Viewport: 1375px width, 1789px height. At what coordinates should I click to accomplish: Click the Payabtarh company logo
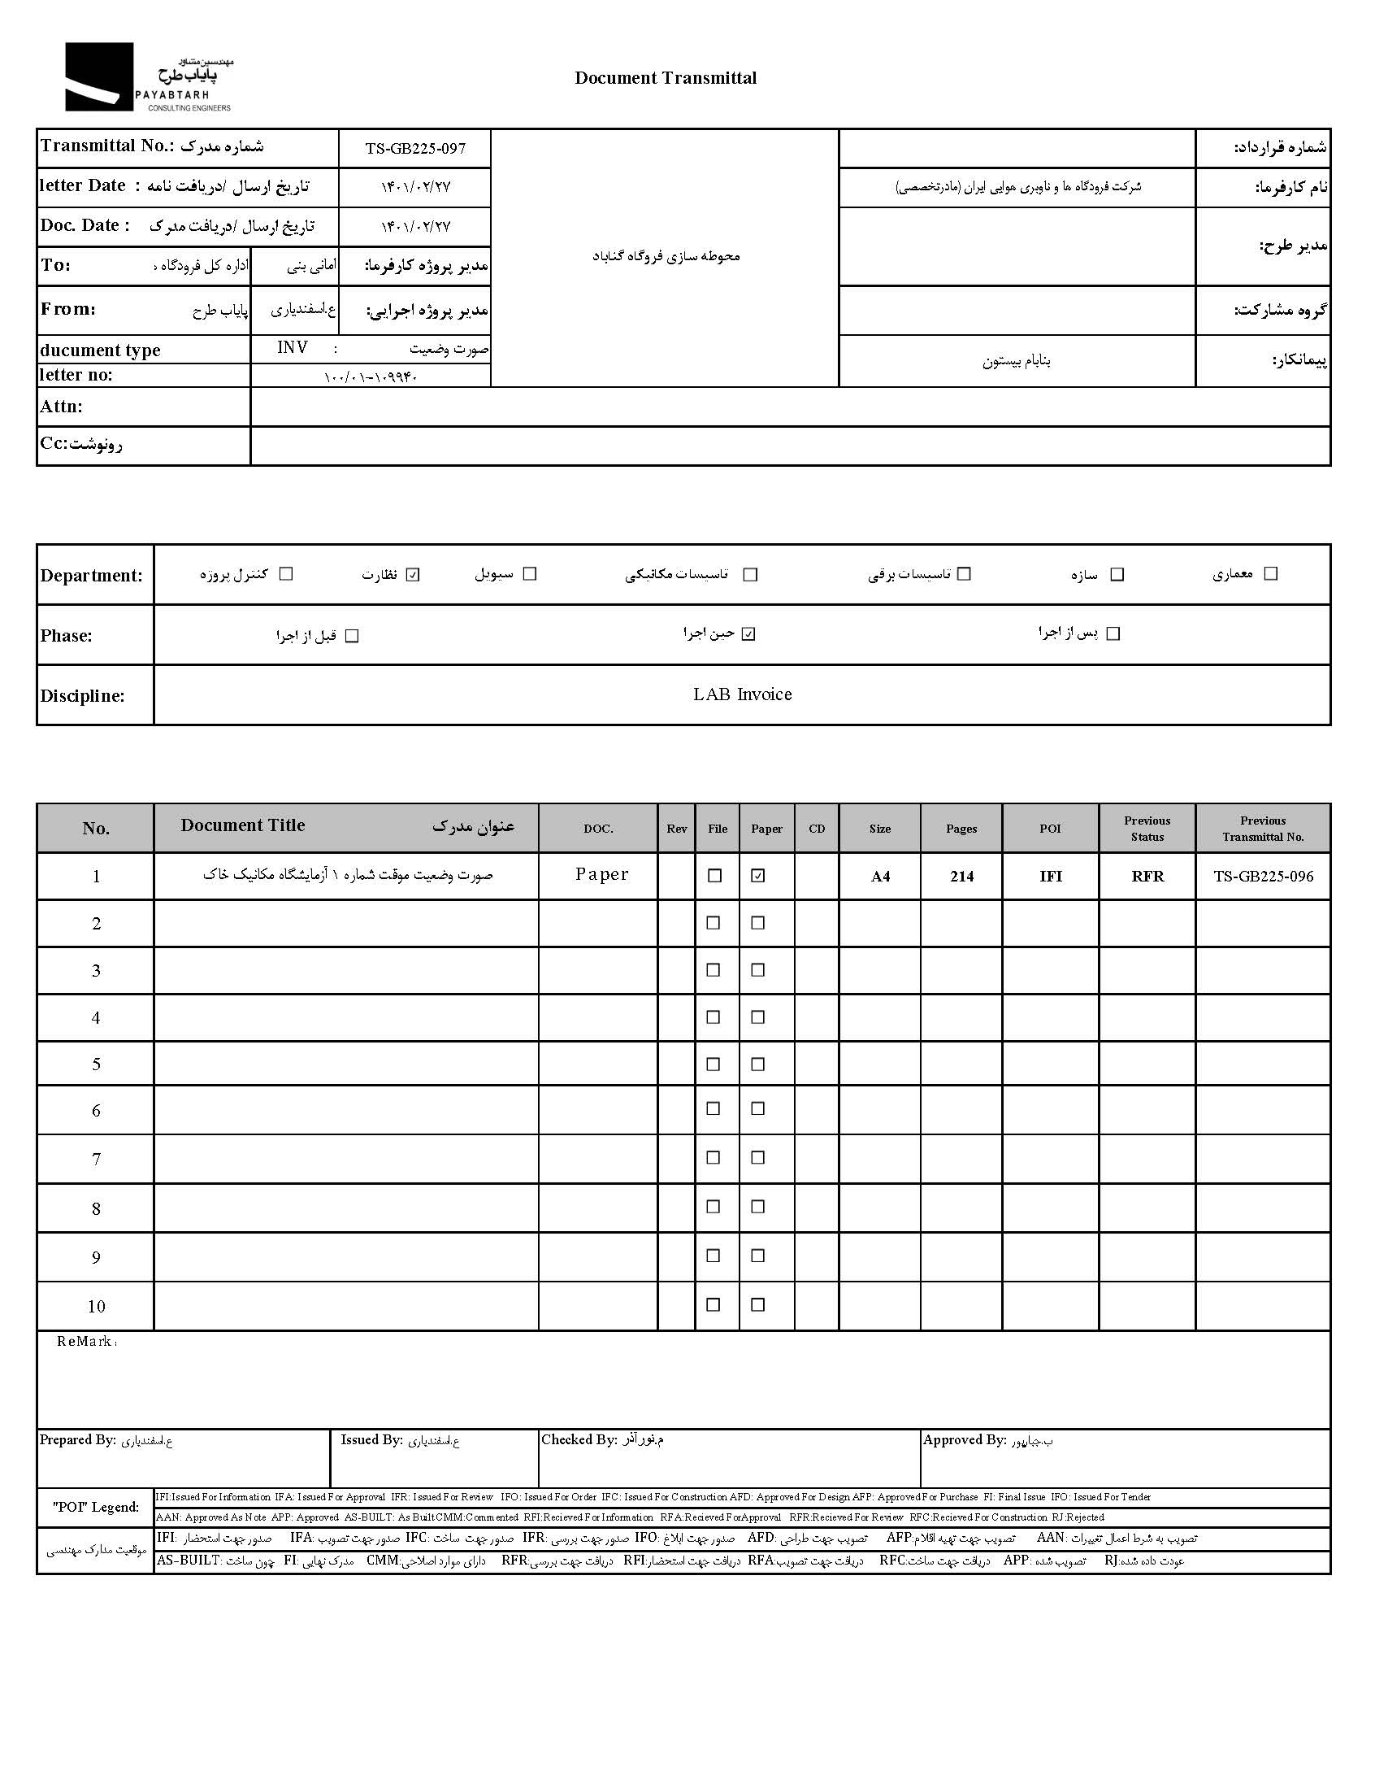pos(147,77)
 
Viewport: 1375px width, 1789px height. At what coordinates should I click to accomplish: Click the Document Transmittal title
pos(666,78)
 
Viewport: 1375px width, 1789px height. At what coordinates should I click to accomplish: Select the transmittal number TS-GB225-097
pos(415,148)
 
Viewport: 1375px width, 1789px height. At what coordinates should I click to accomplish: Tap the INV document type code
pos(293,348)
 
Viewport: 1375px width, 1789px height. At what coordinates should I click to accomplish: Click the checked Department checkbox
pos(414,574)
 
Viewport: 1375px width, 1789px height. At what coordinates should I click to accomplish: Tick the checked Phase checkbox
pos(748,633)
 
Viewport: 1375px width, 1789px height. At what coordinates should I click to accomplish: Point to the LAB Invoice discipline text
pos(742,694)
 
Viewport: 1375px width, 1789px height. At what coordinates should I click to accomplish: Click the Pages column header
pos(961,829)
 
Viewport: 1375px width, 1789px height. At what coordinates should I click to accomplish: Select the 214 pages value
pos(961,876)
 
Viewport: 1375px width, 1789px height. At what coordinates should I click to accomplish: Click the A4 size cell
pos(880,876)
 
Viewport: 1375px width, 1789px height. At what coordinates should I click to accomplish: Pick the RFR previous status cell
pos(1147,876)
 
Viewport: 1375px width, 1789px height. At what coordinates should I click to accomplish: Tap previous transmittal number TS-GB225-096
pos(1263,876)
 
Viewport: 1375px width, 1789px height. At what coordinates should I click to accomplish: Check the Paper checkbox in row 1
pos(758,875)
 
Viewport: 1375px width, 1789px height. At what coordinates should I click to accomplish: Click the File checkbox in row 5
pos(714,1064)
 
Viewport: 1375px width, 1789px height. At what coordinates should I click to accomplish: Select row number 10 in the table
pos(96,1306)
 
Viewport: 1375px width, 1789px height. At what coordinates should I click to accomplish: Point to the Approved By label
pos(964,1439)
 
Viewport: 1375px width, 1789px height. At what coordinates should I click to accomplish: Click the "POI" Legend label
pos(96,1507)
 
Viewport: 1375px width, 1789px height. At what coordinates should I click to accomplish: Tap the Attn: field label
pos(62,407)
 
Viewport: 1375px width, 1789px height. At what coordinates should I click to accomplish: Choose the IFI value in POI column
pos(1051,876)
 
